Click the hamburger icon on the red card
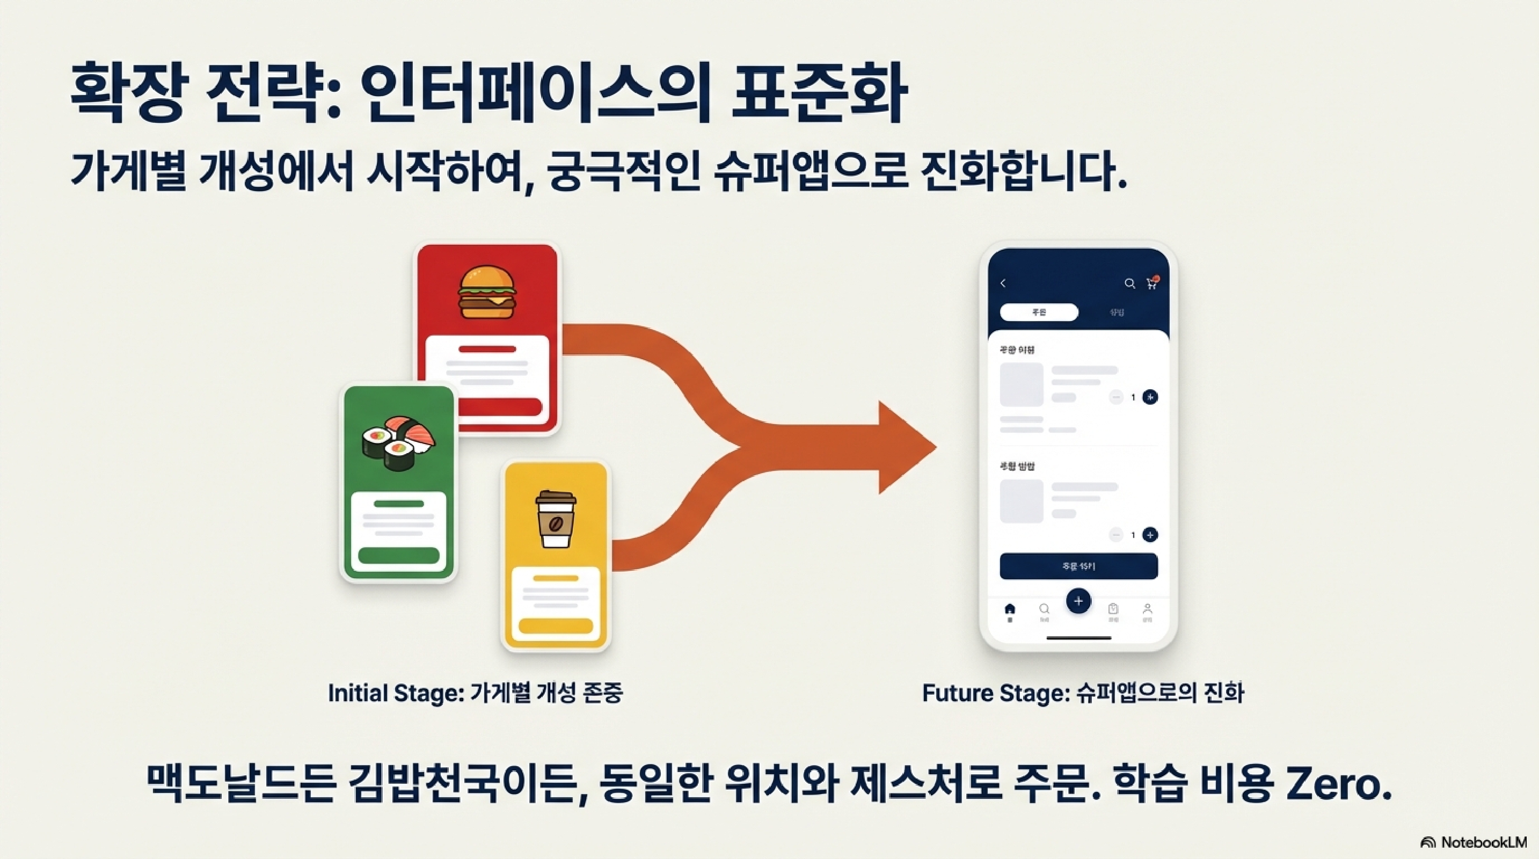487,293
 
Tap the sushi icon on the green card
398,442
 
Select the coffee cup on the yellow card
556,519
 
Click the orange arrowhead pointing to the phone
905,447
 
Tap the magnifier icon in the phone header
1129,284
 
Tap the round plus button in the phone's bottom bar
1078,601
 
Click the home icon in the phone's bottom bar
1010,609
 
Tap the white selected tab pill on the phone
1039,312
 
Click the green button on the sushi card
398,556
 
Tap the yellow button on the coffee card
556,626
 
